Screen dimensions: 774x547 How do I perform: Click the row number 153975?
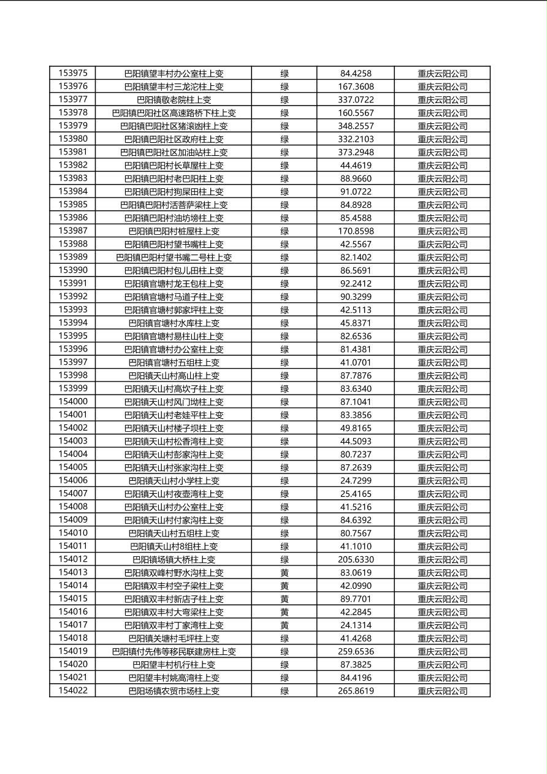tap(73, 74)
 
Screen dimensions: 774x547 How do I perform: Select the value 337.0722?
tap(356, 100)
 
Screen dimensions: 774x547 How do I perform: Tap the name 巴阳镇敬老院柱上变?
tap(174, 100)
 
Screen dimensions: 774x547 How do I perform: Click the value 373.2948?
tap(356, 152)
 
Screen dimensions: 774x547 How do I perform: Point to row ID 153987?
tap(73, 231)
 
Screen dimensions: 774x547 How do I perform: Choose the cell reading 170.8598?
tap(356, 231)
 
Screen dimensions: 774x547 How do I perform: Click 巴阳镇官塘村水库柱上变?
tap(174, 323)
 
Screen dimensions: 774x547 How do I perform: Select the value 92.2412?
tap(356, 284)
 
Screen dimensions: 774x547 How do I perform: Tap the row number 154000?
tap(73, 402)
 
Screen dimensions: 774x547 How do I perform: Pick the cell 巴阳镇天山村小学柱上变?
tap(174, 481)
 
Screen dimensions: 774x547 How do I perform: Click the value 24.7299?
tap(356, 481)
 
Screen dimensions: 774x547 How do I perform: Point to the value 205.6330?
tap(356, 559)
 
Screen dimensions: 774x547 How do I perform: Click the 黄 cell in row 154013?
tap(285, 573)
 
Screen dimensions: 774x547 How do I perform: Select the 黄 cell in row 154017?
tap(285, 626)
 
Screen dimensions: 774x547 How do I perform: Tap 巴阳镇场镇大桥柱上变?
tap(174, 559)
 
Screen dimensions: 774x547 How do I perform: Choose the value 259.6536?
tap(356, 651)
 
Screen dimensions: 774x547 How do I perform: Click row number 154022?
tap(73, 691)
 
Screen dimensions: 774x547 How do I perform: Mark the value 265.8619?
tap(356, 691)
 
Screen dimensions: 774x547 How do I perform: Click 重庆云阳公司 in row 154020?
tap(442, 665)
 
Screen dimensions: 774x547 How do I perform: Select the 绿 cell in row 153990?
tap(285, 270)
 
